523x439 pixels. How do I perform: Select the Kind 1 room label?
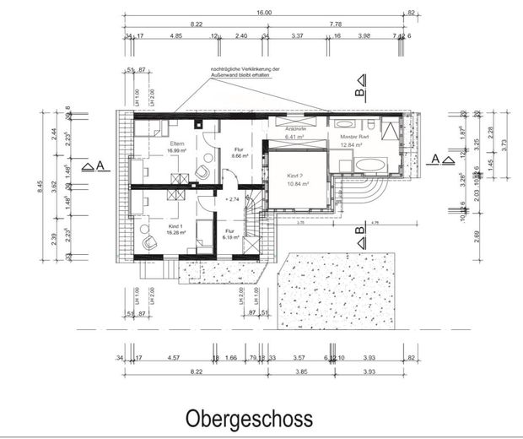[x=176, y=229]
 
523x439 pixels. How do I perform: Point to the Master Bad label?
[x=355, y=137]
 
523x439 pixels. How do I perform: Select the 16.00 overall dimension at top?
[x=264, y=14]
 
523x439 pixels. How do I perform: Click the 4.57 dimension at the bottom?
[x=175, y=358]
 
